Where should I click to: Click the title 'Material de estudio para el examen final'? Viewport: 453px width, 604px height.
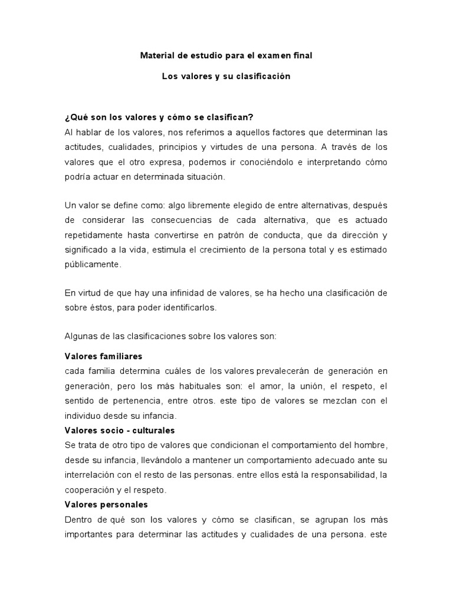click(x=226, y=56)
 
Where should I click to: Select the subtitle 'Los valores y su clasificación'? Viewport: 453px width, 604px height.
click(x=226, y=77)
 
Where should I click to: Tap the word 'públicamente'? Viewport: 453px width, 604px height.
click(x=92, y=264)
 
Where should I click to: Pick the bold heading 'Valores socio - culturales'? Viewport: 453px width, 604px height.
click(x=119, y=430)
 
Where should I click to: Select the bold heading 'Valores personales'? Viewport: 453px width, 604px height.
click(x=106, y=505)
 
